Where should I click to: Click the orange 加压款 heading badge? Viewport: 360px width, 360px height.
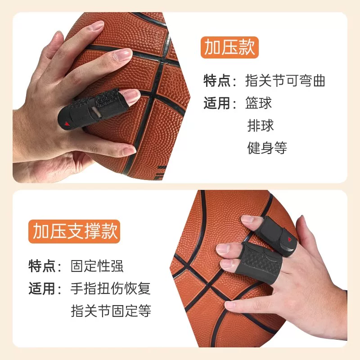(x=229, y=47)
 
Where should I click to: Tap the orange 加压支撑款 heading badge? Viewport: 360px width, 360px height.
(x=74, y=231)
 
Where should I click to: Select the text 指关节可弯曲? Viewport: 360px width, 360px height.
(x=285, y=81)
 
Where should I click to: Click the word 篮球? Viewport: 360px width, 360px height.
(x=258, y=103)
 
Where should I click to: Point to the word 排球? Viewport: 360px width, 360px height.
(x=261, y=126)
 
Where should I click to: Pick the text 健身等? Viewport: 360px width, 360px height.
(x=267, y=148)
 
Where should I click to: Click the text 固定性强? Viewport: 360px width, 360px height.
(x=97, y=266)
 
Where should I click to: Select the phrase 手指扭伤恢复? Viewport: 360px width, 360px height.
(x=110, y=288)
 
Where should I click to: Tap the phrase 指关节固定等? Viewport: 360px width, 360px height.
(x=111, y=310)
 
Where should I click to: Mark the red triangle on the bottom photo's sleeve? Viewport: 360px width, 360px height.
(x=289, y=239)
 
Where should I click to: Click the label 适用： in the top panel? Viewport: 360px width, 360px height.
(x=220, y=103)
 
